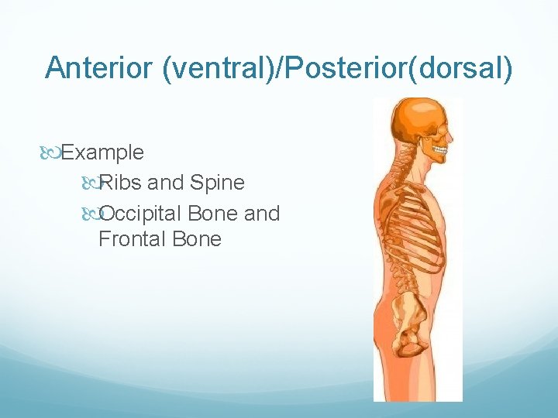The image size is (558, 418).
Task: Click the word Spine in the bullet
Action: (x=217, y=183)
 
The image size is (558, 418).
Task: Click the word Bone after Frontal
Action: (x=196, y=239)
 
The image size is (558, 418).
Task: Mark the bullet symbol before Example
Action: (x=53, y=152)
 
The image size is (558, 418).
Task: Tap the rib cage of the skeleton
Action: (x=418, y=224)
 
